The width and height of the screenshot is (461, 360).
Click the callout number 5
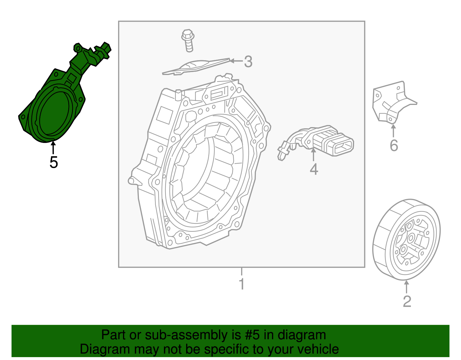pos(54,162)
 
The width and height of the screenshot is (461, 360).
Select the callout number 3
pos(248,62)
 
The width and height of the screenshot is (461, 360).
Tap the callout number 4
pos(314,169)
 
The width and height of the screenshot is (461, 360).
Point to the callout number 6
pos(394,146)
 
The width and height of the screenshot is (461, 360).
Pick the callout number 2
pos(407,301)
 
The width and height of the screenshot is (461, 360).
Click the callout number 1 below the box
pos(242,284)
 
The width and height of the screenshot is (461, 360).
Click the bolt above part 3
pos(188,40)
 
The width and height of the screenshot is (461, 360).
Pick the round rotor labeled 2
pos(406,239)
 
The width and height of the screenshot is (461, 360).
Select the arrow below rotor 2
pos(407,287)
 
